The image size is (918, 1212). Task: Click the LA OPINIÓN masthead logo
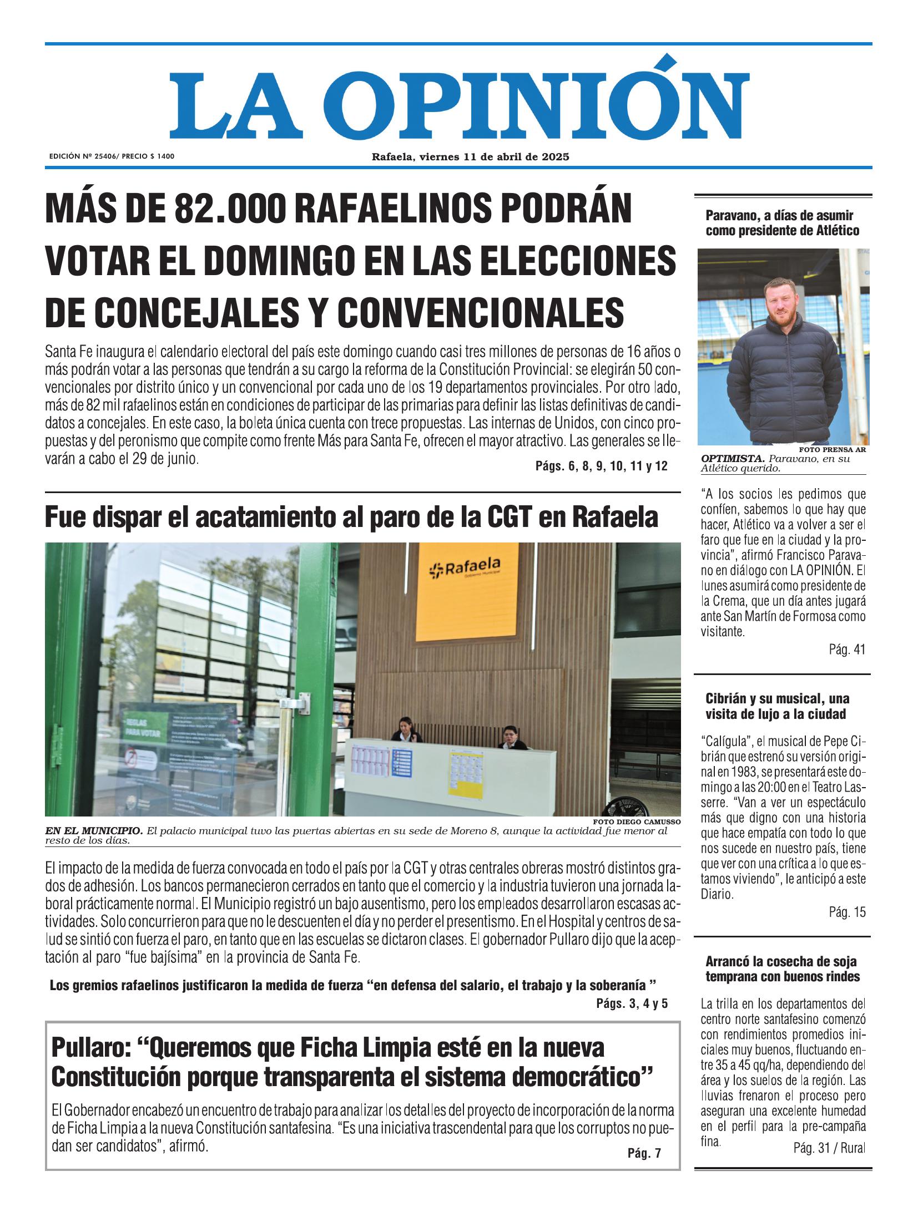pyautogui.click(x=458, y=105)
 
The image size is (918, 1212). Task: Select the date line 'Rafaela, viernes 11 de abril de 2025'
pyautogui.click(x=470, y=157)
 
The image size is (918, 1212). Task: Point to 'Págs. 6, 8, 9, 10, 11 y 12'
pyautogui.click(x=601, y=466)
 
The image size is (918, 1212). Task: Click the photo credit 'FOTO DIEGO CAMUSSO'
pyautogui.click(x=636, y=822)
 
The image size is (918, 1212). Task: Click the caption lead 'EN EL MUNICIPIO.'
pyautogui.click(x=94, y=831)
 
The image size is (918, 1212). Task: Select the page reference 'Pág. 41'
pyautogui.click(x=846, y=650)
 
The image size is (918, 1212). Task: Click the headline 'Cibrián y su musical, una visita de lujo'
pyautogui.click(x=777, y=706)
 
